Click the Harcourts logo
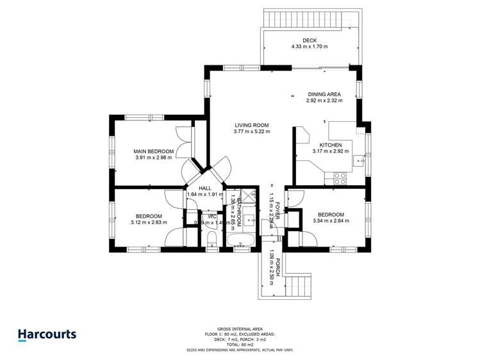47,334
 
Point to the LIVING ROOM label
252,125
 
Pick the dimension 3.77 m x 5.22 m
252,131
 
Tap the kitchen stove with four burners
340,179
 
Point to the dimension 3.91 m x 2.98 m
153,158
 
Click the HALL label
205,188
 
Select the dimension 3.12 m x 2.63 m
148,223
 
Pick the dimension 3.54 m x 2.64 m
331,222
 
